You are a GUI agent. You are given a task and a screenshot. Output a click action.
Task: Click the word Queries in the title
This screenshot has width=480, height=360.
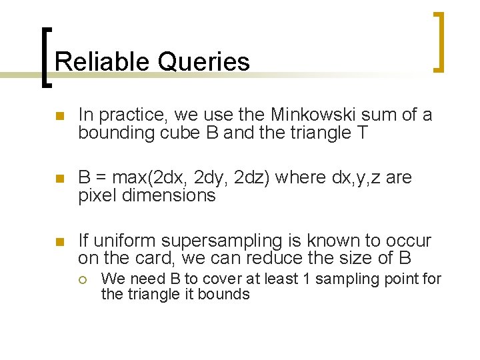click(204, 62)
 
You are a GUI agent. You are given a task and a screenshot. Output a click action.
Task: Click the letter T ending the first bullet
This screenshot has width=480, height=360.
click(362, 133)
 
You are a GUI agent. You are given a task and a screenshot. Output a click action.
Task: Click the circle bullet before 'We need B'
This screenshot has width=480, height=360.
click(86, 279)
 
